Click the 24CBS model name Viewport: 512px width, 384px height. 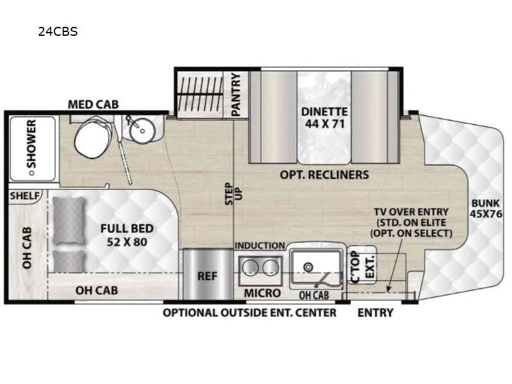point(58,31)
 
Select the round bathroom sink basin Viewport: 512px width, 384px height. point(141,130)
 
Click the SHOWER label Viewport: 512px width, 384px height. point(31,143)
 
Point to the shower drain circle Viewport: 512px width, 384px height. point(31,173)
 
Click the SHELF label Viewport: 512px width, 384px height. point(24,196)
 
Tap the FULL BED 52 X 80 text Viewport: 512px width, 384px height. point(127,235)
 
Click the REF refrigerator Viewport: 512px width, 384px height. point(207,275)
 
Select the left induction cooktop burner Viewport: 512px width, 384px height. point(250,268)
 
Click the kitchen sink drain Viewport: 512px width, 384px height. point(308,268)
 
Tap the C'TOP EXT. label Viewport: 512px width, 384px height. point(362,266)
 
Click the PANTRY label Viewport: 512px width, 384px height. point(236,94)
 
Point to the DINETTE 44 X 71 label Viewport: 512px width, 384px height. point(324,118)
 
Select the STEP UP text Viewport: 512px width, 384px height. point(234,193)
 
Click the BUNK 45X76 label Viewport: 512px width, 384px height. point(486,209)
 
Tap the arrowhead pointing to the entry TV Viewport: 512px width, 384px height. point(389,289)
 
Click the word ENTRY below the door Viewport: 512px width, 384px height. point(376,313)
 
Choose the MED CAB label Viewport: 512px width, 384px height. point(93,104)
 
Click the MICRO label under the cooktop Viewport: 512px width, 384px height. point(262,293)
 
